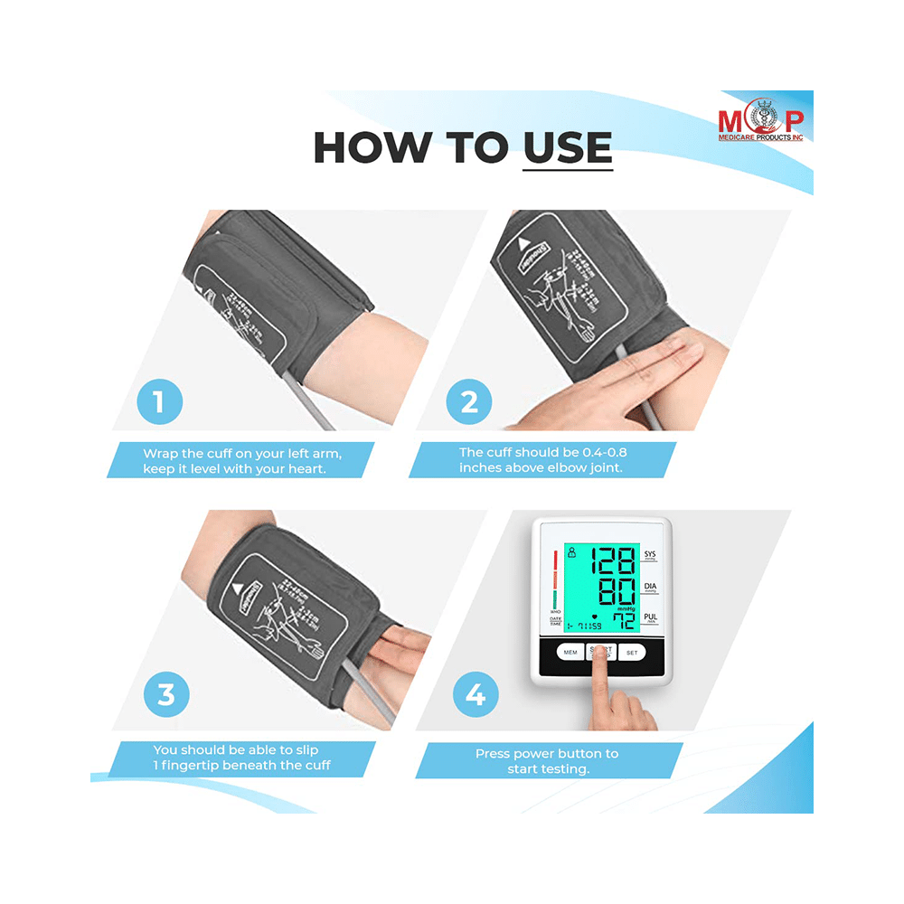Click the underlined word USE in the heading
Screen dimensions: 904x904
tap(567, 147)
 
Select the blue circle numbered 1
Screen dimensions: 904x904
tap(159, 401)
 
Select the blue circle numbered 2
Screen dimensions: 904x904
tap(469, 401)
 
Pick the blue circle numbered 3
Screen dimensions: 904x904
tap(166, 696)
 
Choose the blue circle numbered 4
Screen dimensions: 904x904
tap(476, 696)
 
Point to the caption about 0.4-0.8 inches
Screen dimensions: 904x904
tap(541, 460)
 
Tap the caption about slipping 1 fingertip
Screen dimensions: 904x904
tap(242, 758)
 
